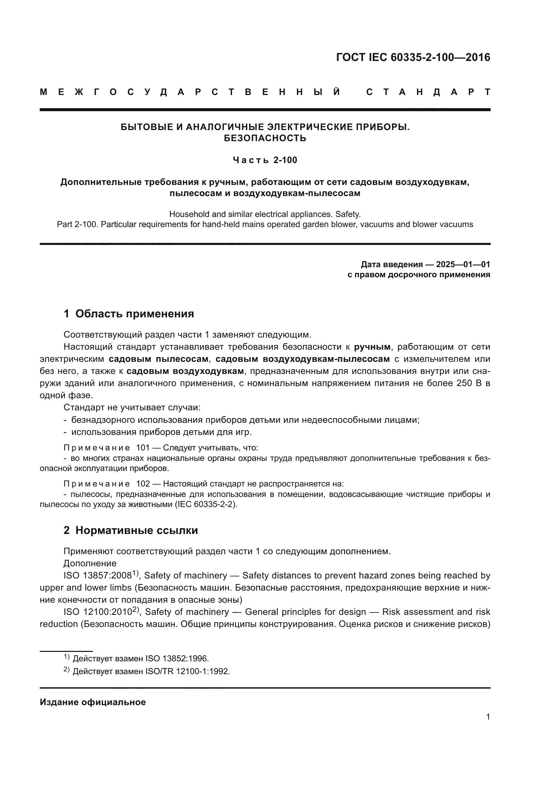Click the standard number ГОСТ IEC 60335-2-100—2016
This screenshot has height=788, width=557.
point(413,57)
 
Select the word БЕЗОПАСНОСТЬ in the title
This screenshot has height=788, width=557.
point(265,138)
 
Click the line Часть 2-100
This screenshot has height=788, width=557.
point(265,160)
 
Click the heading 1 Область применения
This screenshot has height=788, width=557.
point(129,314)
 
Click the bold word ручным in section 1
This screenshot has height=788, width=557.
point(372,347)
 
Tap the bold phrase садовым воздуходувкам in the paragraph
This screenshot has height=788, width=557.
point(185,371)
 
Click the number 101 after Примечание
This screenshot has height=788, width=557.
point(143,448)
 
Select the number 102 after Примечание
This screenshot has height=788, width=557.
point(143,484)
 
